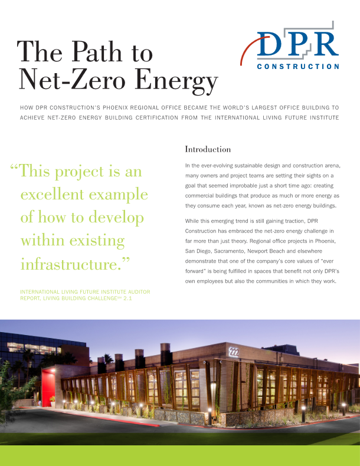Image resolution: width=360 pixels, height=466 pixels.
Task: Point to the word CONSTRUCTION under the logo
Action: coord(299,67)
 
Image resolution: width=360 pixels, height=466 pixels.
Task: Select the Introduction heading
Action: coord(208,149)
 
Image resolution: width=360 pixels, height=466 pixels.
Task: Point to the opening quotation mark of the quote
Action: coord(14,171)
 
